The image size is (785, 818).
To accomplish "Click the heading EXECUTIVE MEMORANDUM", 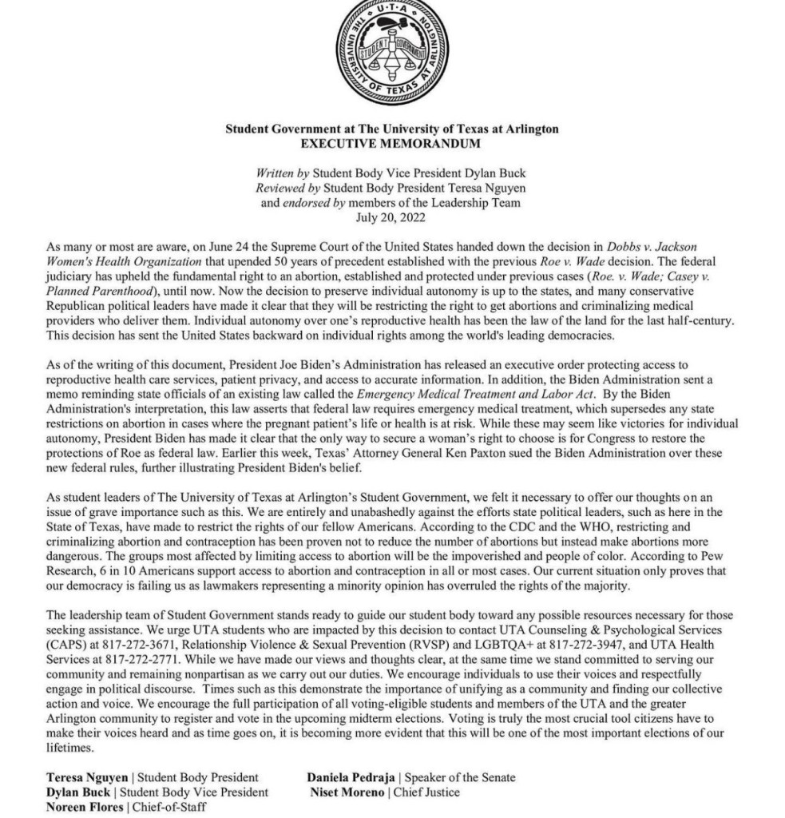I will coord(392,144).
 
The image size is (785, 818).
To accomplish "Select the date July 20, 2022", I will coord(392,216).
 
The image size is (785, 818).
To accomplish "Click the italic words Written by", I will coord(282,173).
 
